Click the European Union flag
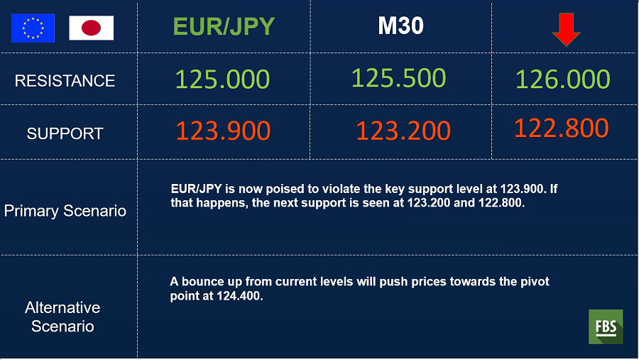pos(33,28)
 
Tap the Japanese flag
pos(92,28)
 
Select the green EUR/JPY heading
pos(224,26)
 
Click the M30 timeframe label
pos(400,26)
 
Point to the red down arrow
pos(567,29)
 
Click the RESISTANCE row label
pos(65,81)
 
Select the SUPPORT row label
pos(65,133)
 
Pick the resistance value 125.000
pos(222,79)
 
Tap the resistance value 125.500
pos(398,78)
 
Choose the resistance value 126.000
pos(563,79)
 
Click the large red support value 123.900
pos(224,131)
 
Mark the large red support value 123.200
pos(403,131)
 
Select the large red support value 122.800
pos(562,128)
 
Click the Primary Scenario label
pos(65,211)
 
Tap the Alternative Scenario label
pos(62,317)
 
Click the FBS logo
pos(606,327)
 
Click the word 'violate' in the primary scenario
pos(341,189)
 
